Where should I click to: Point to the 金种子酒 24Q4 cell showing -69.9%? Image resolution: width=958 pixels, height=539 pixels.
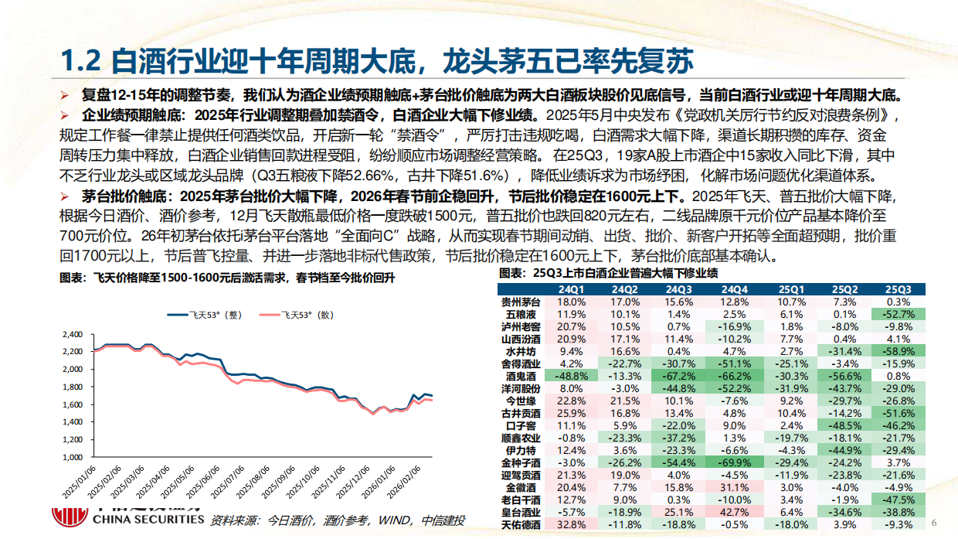click(735, 462)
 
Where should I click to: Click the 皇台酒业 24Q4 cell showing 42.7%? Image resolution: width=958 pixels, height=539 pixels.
click(735, 512)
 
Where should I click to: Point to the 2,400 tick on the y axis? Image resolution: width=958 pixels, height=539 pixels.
click(71, 334)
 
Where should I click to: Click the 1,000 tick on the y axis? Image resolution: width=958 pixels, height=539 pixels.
click(71, 457)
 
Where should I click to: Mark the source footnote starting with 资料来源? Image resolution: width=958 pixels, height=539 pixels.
click(338, 520)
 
